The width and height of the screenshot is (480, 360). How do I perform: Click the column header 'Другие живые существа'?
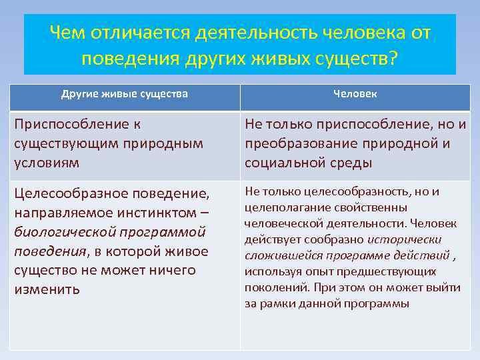[124, 94]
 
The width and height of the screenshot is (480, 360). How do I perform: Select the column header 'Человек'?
[355, 94]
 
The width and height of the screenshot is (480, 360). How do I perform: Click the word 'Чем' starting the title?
[69, 33]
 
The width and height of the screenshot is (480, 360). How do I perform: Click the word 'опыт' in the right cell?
[321, 271]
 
